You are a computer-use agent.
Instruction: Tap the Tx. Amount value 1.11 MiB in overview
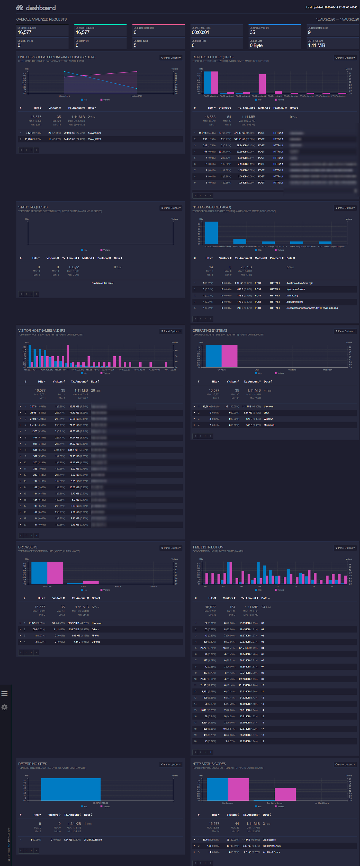[316, 45]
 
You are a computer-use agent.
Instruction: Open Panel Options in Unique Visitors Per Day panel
[171, 58]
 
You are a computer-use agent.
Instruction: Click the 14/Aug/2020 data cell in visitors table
[94, 133]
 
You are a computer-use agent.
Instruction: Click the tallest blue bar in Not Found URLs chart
[211, 233]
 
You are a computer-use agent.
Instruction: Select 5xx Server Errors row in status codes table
[272, 846]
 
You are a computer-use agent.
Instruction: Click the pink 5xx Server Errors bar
[285, 794]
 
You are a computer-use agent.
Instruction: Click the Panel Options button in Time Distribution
[345, 548]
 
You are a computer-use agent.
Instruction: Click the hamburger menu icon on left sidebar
[4, 694]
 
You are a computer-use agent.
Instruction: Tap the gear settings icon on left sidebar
[4, 707]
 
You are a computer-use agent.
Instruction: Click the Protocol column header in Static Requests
[104, 258]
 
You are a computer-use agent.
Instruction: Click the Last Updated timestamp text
[331, 7]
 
